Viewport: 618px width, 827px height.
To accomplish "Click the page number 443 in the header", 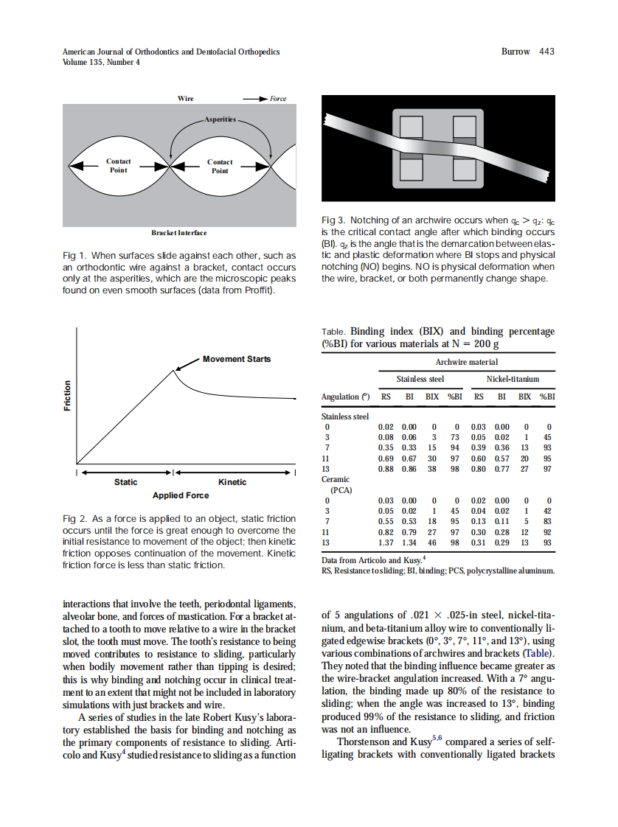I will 546,52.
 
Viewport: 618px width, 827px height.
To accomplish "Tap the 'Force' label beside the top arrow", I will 277,99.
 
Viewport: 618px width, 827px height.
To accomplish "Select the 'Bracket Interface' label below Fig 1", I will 179,233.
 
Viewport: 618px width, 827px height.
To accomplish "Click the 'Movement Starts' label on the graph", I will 236,359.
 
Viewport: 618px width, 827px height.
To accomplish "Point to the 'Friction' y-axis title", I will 68,396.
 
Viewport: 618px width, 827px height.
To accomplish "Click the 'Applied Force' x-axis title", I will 180,495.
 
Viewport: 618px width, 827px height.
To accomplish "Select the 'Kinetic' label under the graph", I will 232,482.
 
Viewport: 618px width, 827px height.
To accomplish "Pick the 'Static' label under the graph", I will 125,482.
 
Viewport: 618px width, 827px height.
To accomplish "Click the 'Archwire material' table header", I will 466,362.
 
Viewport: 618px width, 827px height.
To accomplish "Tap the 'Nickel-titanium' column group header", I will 513,380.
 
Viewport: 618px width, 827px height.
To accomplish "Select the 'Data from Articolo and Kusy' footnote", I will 372,560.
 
